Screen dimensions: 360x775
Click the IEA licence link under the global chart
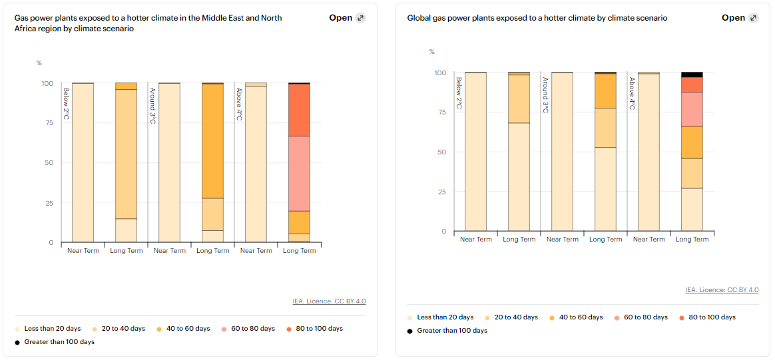722,290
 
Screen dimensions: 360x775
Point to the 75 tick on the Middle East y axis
48,123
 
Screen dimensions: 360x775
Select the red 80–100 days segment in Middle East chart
299,110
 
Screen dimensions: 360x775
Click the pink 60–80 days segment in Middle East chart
299,173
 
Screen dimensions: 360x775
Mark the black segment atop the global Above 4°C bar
692,75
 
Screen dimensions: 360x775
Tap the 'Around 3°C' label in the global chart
545,95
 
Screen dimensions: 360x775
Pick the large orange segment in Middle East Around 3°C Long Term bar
212,141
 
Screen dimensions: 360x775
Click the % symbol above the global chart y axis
432,52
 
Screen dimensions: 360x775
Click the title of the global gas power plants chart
537,18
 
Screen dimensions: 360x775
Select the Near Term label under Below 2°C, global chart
476,240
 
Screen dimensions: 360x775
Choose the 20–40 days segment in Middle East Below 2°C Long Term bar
126,154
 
